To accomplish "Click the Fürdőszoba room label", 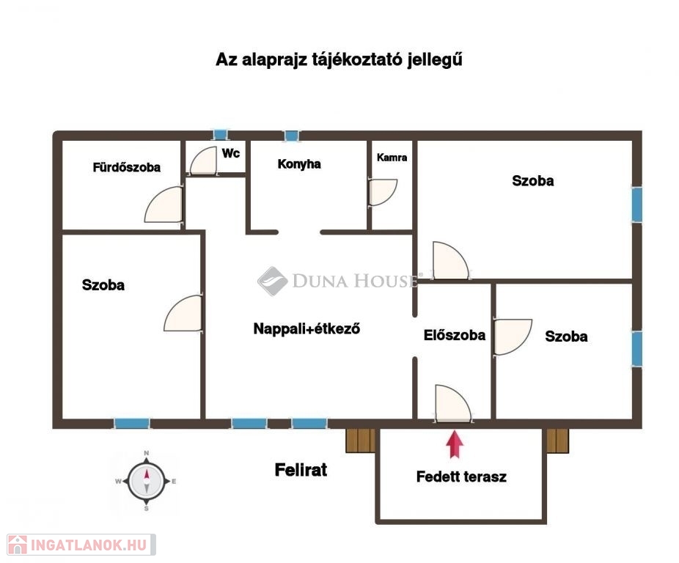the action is tap(126, 167).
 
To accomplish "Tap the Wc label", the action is tap(231, 153).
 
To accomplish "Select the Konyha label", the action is tap(299, 164).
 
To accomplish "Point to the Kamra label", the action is tap(392, 158).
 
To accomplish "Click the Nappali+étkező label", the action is tap(307, 328).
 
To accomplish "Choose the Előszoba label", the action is tap(454, 335).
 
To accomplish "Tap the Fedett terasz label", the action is tap(461, 476).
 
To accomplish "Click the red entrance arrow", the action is tap(455, 444).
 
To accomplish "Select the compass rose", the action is tap(147, 481).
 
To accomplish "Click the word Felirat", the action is tap(301, 469).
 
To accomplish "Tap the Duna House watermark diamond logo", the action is tap(272, 281).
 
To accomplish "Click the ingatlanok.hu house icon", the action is tap(18, 545).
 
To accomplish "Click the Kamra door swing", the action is tap(383, 192).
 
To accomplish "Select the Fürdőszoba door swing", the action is tap(164, 205).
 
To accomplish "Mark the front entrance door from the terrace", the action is tap(453, 402).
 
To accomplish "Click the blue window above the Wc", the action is tap(221, 135).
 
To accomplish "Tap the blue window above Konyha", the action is tap(292, 136).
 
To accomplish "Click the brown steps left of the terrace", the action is tap(361, 441).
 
